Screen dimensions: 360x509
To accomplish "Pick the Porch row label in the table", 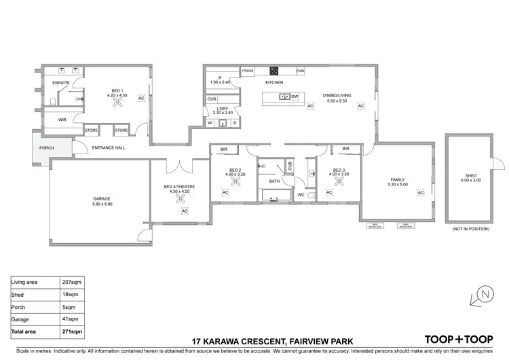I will pyautogui.click(x=18, y=306).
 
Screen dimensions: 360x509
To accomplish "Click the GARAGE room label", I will pyautogui.click(x=101, y=199).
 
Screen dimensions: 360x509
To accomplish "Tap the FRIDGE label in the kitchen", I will pyautogui.click(x=248, y=71).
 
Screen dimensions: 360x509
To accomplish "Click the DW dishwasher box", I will pyautogui.click(x=295, y=96).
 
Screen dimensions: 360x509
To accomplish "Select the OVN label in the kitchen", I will pyautogui.click(x=300, y=71).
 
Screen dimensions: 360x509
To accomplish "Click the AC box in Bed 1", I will pyautogui.click(x=141, y=98).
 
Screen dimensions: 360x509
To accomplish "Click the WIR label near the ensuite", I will pyautogui.click(x=62, y=119).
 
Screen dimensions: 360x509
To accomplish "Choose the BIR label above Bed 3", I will pyautogui.click(x=345, y=149).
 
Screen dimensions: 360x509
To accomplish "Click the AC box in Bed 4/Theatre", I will pyautogui.click(x=184, y=211).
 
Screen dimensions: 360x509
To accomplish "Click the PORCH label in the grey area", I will pyautogui.click(x=47, y=147).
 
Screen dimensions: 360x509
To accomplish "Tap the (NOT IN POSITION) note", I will pyautogui.click(x=470, y=230).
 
